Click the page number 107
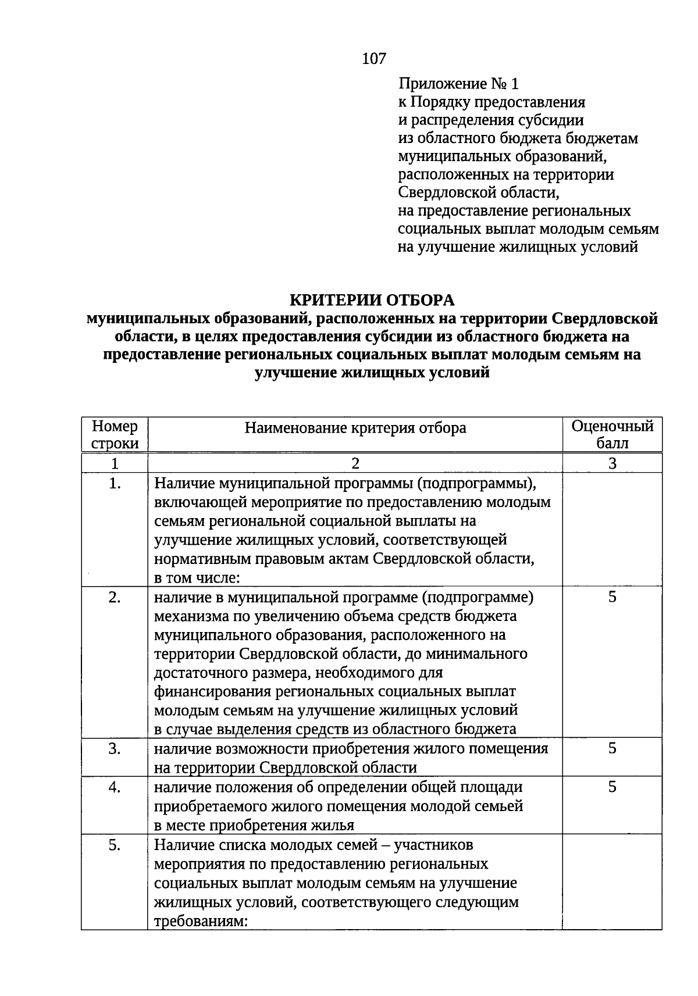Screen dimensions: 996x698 point(373,58)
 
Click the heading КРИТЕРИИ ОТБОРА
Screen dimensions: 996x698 point(372,300)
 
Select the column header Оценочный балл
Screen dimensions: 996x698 point(612,434)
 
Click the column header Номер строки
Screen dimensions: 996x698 point(115,434)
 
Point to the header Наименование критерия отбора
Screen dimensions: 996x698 point(355,428)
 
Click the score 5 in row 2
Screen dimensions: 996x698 point(612,597)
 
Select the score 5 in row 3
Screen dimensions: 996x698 point(612,748)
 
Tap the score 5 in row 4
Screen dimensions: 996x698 point(612,787)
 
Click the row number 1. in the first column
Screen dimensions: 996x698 point(115,483)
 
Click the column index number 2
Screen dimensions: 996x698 point(355,463)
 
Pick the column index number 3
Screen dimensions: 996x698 point(612,463)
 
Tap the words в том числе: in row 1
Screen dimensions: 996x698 point(197,578)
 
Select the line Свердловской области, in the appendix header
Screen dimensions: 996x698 point(481,192)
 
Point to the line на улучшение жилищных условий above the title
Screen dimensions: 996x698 point(518,247)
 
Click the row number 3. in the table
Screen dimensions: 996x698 point(115,749)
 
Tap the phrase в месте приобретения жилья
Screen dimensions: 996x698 point(254,825)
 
